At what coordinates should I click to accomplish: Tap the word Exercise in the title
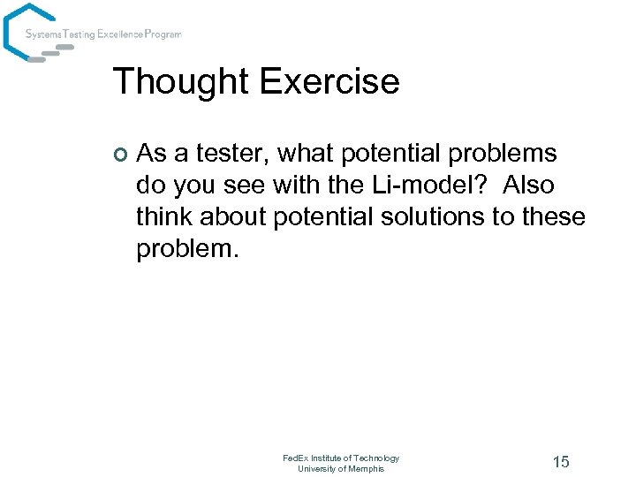[x=329, y=82]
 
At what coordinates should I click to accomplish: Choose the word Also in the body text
[x=528, y=185]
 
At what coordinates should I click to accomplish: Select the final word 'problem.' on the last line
[x=187, y=249]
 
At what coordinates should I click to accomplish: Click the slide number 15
[x=560, y=462]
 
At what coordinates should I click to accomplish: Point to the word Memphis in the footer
[x=367, y=468]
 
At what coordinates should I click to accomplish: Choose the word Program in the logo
[x=163, y=34]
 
